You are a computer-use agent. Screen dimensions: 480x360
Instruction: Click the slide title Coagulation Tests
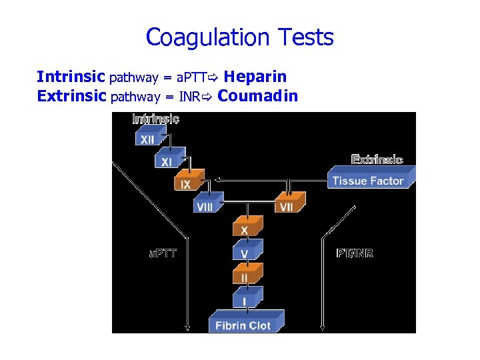(x=239, y=37)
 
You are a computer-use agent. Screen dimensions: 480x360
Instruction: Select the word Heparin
(x=260, y=77)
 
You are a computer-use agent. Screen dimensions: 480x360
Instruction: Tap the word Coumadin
(x=257, y=96)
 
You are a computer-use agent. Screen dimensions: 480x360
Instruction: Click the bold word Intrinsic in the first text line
(x=71, y=77)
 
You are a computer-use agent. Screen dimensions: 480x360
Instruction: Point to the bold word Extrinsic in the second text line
(x=72, y=97)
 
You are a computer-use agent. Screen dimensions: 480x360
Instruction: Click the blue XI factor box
(x=166, y=161)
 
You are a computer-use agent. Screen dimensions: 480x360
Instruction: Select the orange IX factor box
(x=187, y=183)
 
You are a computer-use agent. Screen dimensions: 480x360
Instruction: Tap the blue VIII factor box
(x=205, y=206)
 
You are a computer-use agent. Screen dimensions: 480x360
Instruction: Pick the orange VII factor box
(x=287, y=206)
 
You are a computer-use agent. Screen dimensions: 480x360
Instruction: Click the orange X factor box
(x=245, y=229)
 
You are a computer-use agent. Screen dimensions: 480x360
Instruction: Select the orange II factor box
(x=245, y=276)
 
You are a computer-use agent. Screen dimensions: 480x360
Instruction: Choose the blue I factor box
(x=245, y=301)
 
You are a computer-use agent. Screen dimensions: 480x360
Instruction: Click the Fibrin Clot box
(x=244, y=325)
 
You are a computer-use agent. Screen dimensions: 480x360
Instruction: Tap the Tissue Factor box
(x=369, y=180)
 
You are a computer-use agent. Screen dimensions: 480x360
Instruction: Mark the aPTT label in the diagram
(x=162, y=253)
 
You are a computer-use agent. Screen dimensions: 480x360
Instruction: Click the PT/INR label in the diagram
(x=354, y=253)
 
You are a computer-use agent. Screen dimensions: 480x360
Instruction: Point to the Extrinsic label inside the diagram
(x=377, y=160)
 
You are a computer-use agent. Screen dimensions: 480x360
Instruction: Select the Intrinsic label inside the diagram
(x=156, y=119)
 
